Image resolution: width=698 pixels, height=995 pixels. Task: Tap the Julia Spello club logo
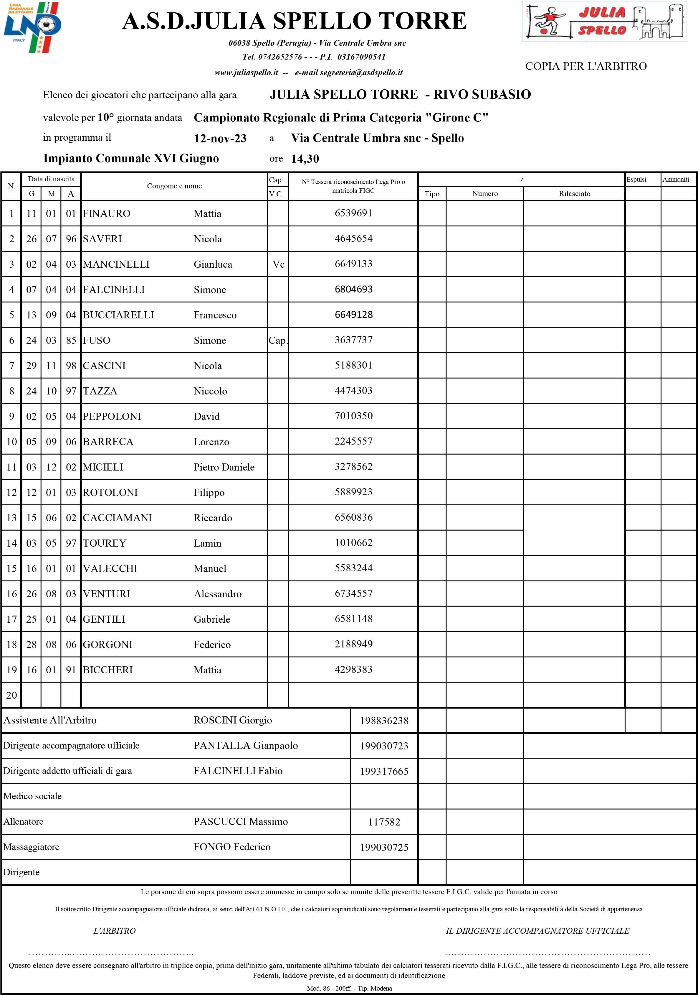[604, 21]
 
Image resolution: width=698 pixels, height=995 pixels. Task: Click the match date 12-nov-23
[220, 139]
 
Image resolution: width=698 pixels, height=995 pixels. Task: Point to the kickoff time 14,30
[305, 159]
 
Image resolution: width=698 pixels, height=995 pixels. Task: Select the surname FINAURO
[107, 214]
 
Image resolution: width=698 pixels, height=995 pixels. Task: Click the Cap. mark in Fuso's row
[277, 340]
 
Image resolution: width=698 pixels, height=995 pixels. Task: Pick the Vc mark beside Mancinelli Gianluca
[278, 264]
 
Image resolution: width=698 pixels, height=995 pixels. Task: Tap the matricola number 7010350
[353, 416]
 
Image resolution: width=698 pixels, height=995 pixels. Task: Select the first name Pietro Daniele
[224, 467]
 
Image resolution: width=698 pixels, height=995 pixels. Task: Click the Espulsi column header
[636, 180]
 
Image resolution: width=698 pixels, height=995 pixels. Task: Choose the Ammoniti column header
[676, 180]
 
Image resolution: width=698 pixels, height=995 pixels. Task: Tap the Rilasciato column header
[574, 194]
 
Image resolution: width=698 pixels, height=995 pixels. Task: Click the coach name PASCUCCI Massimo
[240, 821]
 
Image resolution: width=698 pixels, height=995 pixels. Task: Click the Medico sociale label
[32, 796]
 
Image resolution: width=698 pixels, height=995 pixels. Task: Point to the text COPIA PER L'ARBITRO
[586, 66]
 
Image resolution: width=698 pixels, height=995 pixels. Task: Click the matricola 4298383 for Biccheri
[353, 670]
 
